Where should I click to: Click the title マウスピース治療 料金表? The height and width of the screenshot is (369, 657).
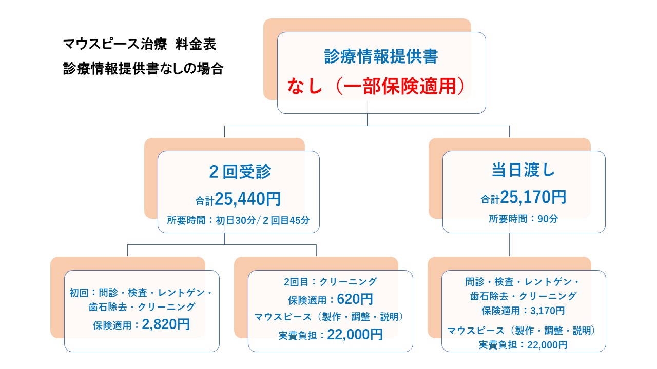point(140,44)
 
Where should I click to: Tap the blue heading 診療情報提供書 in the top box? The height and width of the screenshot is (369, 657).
point(381,56)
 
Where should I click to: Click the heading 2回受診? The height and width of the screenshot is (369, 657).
point(240,172)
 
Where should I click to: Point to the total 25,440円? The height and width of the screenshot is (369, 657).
point(248,198)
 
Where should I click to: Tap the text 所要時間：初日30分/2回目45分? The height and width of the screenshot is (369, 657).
point(239,221)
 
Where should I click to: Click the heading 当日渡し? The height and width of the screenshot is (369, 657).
point(524,170)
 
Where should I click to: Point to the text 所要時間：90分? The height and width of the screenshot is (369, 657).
point(524,219)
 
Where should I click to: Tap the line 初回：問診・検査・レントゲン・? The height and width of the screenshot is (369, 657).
point(141,293)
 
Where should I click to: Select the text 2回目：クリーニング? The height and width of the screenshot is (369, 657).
point(330,281)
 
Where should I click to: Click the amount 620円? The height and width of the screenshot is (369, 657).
point(355,299)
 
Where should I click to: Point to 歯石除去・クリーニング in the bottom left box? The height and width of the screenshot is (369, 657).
point(142,307)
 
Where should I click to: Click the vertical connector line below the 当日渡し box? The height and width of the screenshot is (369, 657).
point(509,244)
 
